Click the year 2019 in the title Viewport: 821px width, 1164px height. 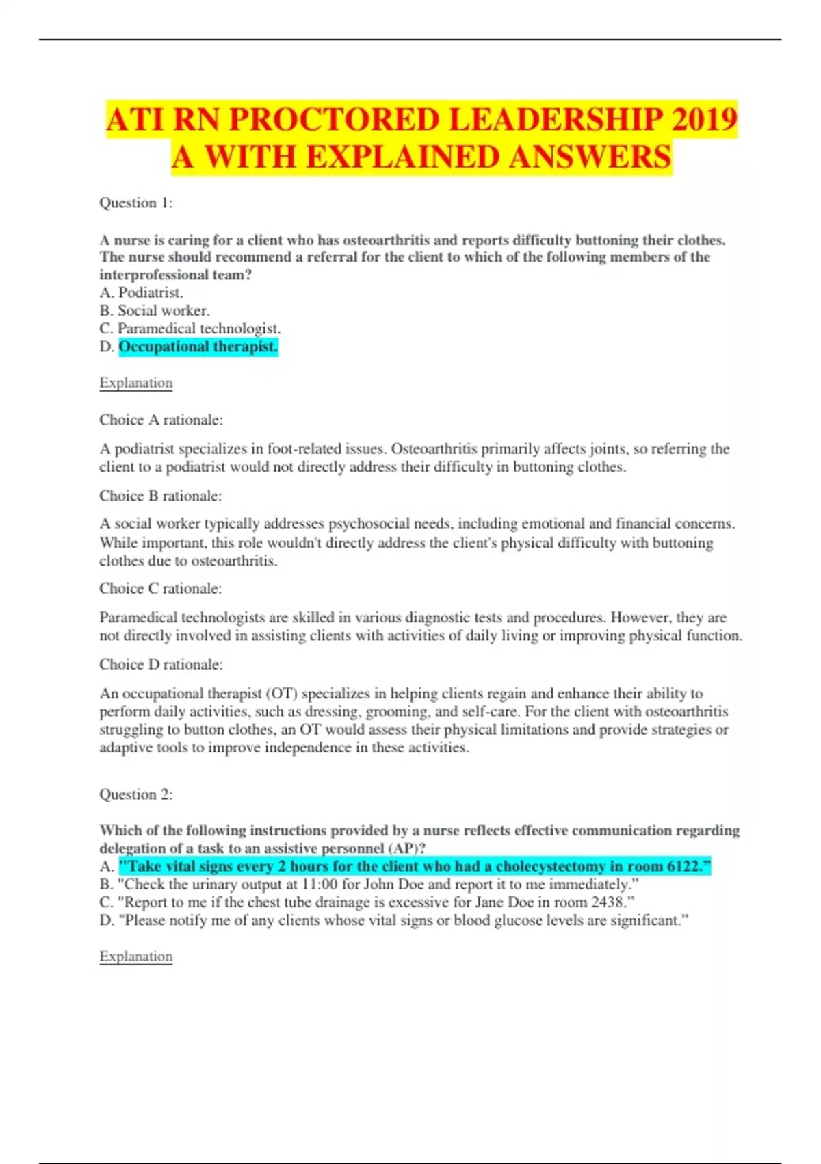[x=704, y=120]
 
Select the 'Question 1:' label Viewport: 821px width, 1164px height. [x=136, y=203]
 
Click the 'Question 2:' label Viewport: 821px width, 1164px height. [x=136, y=794]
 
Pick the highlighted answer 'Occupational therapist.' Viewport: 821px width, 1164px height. [x=198, y=346]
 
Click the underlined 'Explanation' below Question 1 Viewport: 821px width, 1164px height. [x=135, y=383]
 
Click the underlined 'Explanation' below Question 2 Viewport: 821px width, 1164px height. [x=135, y=957]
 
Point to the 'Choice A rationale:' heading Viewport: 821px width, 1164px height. [x=161, y=420]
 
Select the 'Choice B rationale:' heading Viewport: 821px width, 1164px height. [x=161, y=496]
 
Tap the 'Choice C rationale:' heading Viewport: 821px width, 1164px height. [x=161, y=588]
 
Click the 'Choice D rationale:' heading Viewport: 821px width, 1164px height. [x=161, y=664]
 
